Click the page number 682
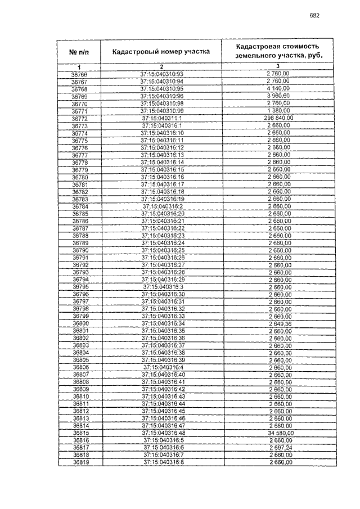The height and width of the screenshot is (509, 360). tap(314, 16)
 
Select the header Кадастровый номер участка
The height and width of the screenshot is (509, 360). tap(161, 51)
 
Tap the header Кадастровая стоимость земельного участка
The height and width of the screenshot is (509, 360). tap(278, 51)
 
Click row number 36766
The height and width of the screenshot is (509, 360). tap(79, 74)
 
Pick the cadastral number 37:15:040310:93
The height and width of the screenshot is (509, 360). tap(162, 74)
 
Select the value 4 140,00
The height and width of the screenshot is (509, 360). tap(278, 89)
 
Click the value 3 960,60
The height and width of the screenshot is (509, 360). tap(278, 96)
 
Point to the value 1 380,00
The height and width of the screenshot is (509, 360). tap(278, 111)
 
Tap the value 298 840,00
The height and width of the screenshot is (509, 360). tap(278, 118)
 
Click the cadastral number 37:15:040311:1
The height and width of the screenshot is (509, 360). tap(162, 118)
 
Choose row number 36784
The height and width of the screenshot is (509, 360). tap(80, 206)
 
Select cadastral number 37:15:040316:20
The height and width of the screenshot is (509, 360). tap(162, 213)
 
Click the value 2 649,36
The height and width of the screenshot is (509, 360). tap(278, 323)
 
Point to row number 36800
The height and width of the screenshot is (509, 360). tap(80, 323)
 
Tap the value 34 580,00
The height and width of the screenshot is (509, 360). tap(278, 433)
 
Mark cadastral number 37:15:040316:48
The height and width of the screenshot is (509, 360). tap(162, 433)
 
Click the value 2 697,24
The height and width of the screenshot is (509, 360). tap(278, 448)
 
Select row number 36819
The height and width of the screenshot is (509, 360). tap(80, 462)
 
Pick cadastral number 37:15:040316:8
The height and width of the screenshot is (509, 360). tap(162, 462)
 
